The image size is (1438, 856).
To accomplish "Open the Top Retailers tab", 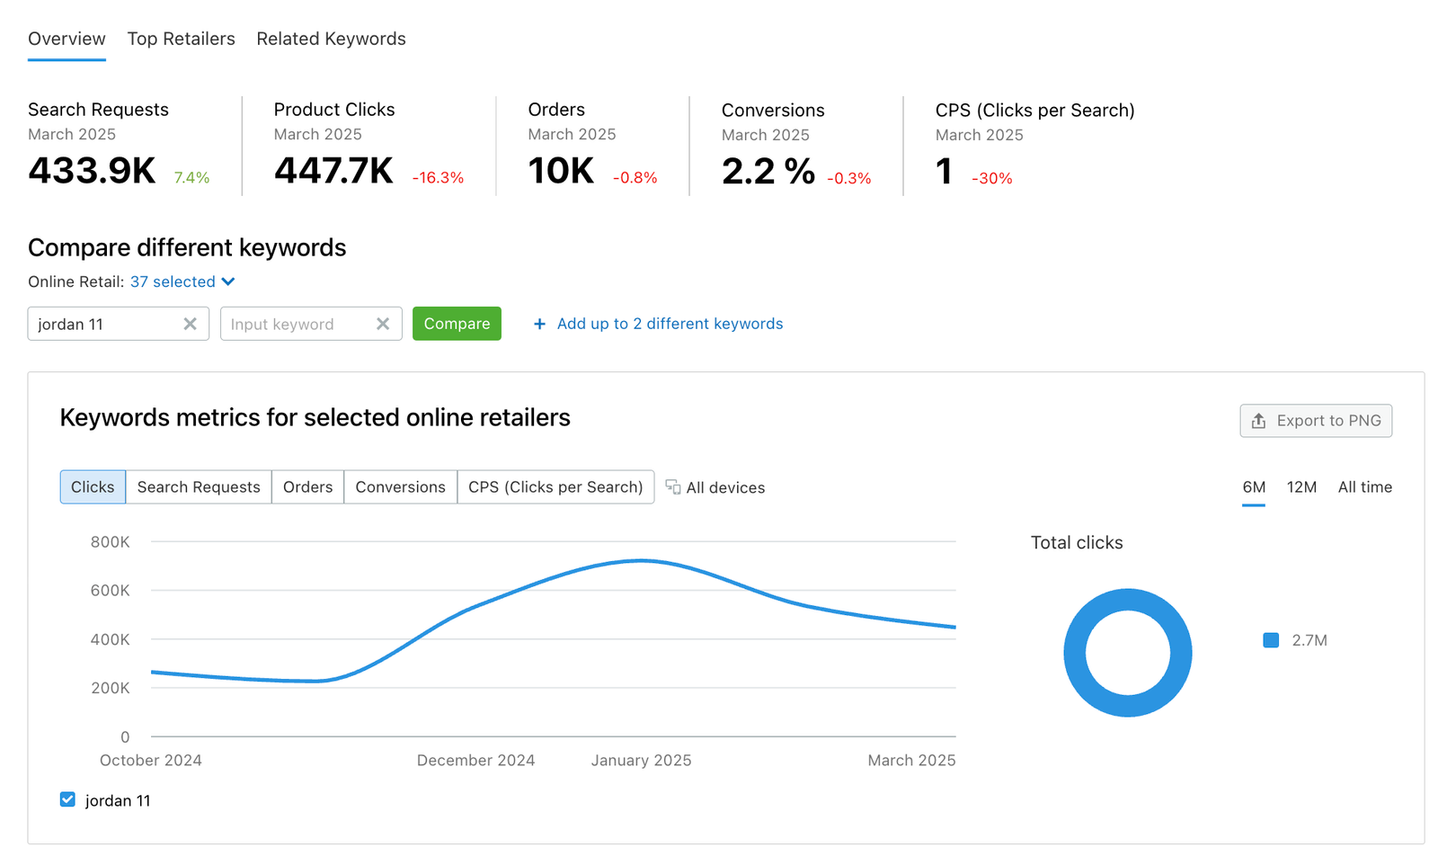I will click(x=181, y=39).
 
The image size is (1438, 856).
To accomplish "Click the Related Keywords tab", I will click(x=331, y=39).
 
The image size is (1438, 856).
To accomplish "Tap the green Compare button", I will click(x=457, y=324).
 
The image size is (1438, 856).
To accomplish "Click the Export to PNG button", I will click(x=1316, y=421).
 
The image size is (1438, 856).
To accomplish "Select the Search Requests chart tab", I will click(x=199, y=487).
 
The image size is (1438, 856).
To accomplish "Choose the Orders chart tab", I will click(x=307, y=487).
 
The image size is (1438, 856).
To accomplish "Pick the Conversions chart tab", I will click(x=400, y=487).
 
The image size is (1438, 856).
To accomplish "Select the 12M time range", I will click(x=1301, y=487).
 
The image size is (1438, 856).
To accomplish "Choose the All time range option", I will click(x=1364, y=487).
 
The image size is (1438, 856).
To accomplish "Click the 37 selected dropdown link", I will click(x=182, y=281).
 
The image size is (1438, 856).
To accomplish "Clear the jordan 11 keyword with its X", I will click(x=191, y=324).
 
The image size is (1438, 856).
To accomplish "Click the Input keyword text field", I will click(x=297, y=324).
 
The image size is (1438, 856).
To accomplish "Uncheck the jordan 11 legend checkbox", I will click(x=67, y=799).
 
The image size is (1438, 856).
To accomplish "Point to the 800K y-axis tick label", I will click(x=110, y=542).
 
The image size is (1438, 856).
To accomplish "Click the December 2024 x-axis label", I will click(x=475, y=761).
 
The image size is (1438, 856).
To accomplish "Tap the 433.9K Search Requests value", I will click(x=92, y=171).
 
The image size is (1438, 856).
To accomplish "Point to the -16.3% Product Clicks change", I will click(x=438, y=178).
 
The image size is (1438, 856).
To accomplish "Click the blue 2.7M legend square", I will click(x=1271, y=640).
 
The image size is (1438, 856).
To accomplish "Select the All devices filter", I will click(x=715, y=487).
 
